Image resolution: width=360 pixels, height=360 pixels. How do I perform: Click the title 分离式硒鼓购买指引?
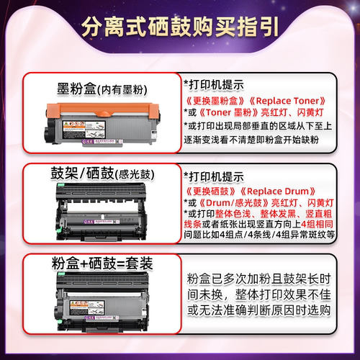pos(180,29)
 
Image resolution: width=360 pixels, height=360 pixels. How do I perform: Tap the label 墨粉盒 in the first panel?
pos(76,89)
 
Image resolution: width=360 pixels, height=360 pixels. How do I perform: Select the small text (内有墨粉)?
pos(122,90)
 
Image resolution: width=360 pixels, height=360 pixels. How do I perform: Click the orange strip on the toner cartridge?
pos(101,110)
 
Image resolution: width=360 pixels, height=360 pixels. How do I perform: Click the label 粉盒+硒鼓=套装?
pos(101,264)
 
